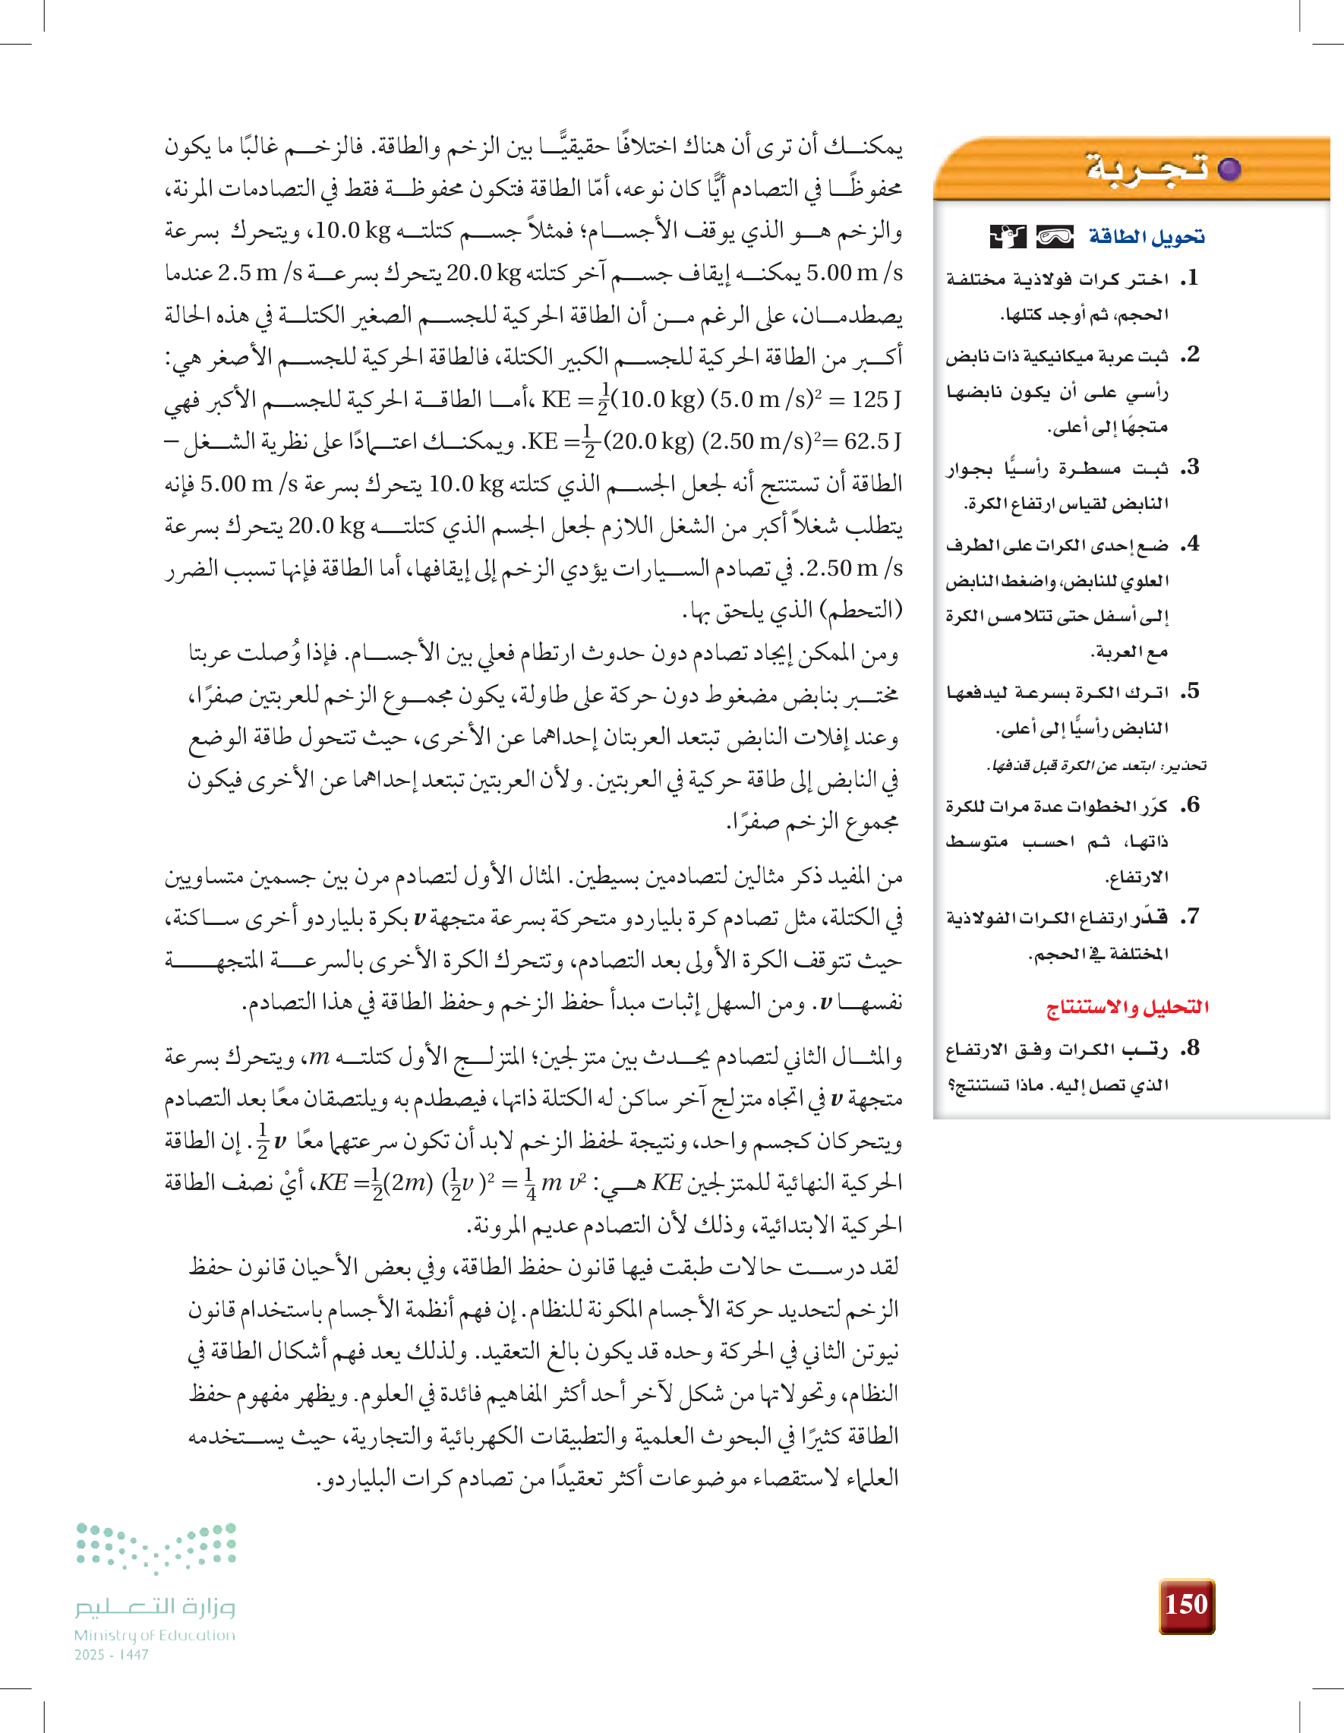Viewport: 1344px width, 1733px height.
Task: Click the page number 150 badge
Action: pyautogui.click(x=1186, y=1605)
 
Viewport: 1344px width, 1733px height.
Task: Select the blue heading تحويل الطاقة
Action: pyautogui.click(x=1146, y=236)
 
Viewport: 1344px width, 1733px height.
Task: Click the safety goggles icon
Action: pyautogui.click(x=1055, y=236)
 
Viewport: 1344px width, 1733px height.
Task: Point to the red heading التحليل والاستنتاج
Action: pyautogui.click(x=1128, y=1007)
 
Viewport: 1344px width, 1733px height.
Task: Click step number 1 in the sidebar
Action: pyautogui.click(x=1189, y=279)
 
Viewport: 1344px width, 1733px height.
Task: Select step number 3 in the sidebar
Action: pyautogui.click(x=1189, y=467)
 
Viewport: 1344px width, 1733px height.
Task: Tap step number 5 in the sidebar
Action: pyautogui.click(x=1189, y=692)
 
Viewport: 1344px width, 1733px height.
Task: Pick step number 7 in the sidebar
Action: pyautogui.click(x=1189, y=917)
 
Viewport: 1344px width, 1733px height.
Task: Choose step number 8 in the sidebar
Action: pyautogui.click(x=1189, y=1048)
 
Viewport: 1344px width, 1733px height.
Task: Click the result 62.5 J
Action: pyautogui.click(x=872, y=441)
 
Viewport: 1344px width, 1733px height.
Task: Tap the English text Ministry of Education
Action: pyautogui.click(x=155, y=1635)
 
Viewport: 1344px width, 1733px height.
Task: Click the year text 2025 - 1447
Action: pyautogui.click(x=112, y=1655)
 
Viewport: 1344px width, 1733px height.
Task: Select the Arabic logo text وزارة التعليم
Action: pyautogui.click(x=156, y=1607)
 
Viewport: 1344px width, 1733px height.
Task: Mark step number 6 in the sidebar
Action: pyautogui.click(x=1189, y=806)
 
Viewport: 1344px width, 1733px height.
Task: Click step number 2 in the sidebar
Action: pyautogui.click(x=1189, y=355)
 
